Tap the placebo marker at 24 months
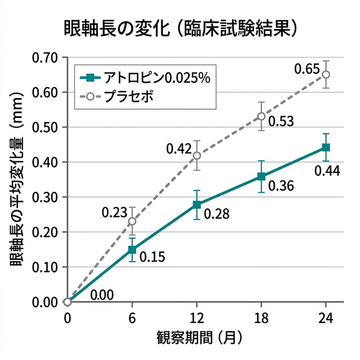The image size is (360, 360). [326, 74]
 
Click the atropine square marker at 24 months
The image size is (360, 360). [326, 147]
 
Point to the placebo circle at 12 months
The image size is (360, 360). [197, 155]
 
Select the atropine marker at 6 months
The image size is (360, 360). [132, 249]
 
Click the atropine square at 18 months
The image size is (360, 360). [261, 176]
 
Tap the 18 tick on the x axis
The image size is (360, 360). [261, 317]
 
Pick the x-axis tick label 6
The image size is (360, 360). [132, 317]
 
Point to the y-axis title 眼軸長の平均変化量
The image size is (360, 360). [17, 180]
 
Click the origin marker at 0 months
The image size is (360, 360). [68, 301]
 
